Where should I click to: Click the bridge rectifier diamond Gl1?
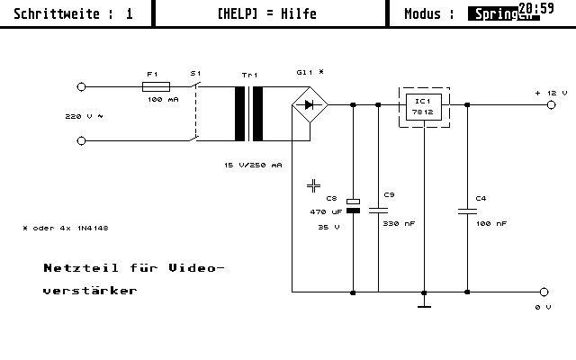tap(310, 105)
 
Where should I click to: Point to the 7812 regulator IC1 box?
tap(423, 106)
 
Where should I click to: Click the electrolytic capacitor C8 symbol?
tap(353, 206)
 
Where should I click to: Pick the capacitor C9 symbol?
tap(378, 209)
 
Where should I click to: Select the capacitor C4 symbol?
tap(469, 211)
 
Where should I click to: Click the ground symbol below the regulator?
tap(424, 306)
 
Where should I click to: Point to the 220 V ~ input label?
tap(85, 117)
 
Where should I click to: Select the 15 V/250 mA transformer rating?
tap(253, 166)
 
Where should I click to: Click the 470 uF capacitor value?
tap(326, 211)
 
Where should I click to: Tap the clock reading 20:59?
tap(536, 9)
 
